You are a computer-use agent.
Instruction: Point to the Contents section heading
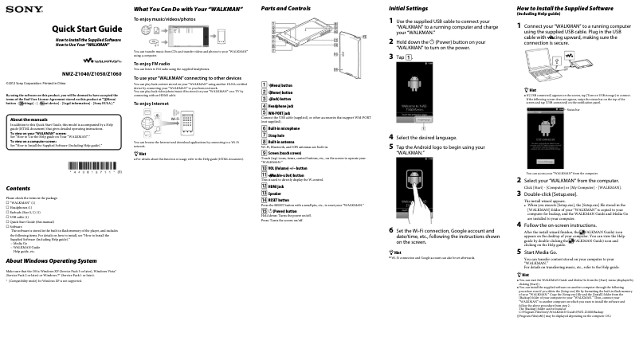(18, 188)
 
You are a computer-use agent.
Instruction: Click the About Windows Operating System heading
(50, 260)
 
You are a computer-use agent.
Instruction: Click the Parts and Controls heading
(285, 8)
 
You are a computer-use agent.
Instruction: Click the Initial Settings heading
(408, 8)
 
